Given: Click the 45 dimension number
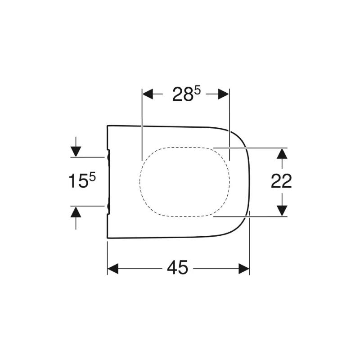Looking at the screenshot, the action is [177, 267].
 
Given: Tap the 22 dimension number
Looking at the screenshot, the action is [281, 181].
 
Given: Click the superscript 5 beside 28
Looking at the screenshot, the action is [198, 91].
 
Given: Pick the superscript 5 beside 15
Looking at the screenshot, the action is [92, 177].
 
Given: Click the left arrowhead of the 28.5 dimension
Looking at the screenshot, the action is [148, 94].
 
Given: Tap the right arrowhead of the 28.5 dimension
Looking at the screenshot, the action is [223, 94].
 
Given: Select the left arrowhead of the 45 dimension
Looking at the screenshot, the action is [113, 269].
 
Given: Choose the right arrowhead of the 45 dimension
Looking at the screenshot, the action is [244, 269].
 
